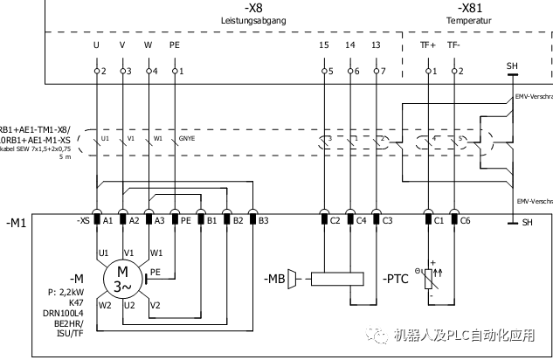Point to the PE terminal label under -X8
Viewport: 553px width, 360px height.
175,45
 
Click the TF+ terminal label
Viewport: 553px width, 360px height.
429,45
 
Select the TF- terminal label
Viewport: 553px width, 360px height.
453,45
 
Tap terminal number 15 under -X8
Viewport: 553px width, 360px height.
324,45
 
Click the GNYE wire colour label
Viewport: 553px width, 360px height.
187,138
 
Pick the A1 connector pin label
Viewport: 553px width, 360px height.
108,221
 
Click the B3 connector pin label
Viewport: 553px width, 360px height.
263,221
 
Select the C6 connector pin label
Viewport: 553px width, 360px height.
466,221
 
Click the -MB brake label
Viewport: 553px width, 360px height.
275,280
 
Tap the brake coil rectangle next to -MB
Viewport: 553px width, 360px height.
336,280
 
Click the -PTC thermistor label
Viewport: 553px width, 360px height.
397,280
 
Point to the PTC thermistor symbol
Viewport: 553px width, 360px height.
429,280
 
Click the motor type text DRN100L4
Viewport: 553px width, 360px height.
64,312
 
